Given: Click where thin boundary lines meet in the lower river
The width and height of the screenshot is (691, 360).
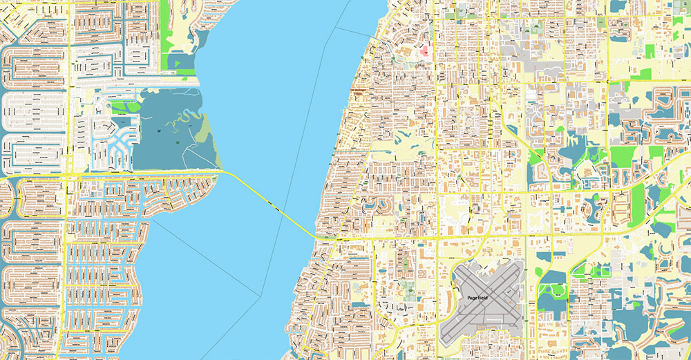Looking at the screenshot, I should (x=260, y=296).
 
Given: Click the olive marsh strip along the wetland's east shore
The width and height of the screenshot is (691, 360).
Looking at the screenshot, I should (x=205, y=131).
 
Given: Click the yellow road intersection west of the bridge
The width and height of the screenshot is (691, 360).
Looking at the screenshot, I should (x=67, y=178).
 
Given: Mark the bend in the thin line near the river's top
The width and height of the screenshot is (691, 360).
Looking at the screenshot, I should (x=337, y=30).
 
